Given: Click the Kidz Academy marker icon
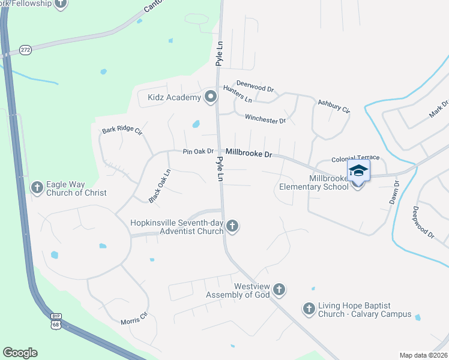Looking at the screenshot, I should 210,97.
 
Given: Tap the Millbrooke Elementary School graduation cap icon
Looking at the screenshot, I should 358,170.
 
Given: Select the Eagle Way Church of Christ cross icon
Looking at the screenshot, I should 37,188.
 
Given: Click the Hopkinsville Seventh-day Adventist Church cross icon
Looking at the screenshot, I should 232,226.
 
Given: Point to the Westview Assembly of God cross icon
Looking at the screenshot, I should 279,290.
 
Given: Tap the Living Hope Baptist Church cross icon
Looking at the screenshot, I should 309,309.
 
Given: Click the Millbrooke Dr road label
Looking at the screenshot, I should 249,154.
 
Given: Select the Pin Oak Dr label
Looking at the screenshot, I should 199,151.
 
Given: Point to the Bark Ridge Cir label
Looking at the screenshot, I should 122,130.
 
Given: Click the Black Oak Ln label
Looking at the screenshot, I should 160,185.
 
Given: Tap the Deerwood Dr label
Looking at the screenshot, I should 255,86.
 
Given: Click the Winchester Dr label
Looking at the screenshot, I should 265,120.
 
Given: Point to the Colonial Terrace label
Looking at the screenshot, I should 355,158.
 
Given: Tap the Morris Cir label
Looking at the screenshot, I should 134,318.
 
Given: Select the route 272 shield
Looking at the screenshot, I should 25,49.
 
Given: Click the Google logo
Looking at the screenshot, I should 20,353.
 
